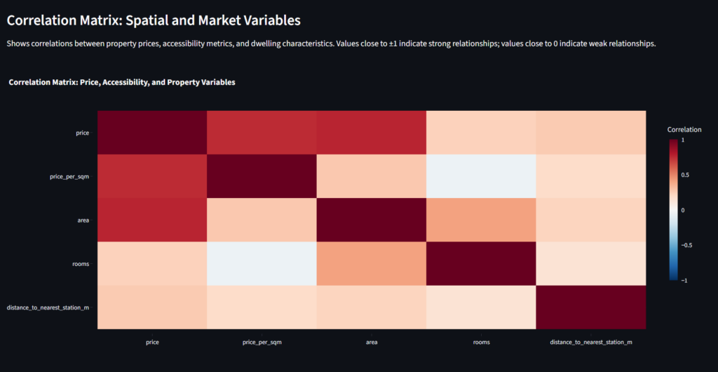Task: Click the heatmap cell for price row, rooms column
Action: [481, 133]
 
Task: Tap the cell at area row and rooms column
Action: [481, 220]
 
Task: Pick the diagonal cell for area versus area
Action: [372, 220]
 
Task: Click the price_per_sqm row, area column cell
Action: [372, 176]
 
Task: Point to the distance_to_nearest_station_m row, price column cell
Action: [151, 307]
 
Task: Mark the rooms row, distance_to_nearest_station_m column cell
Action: [591, 264]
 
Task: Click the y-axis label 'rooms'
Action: [81, 264]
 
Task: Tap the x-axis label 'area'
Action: [372, 343]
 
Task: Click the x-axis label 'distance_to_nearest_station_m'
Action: [591, 343]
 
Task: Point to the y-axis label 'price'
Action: [83, 133]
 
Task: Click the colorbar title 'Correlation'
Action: [684, 130]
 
